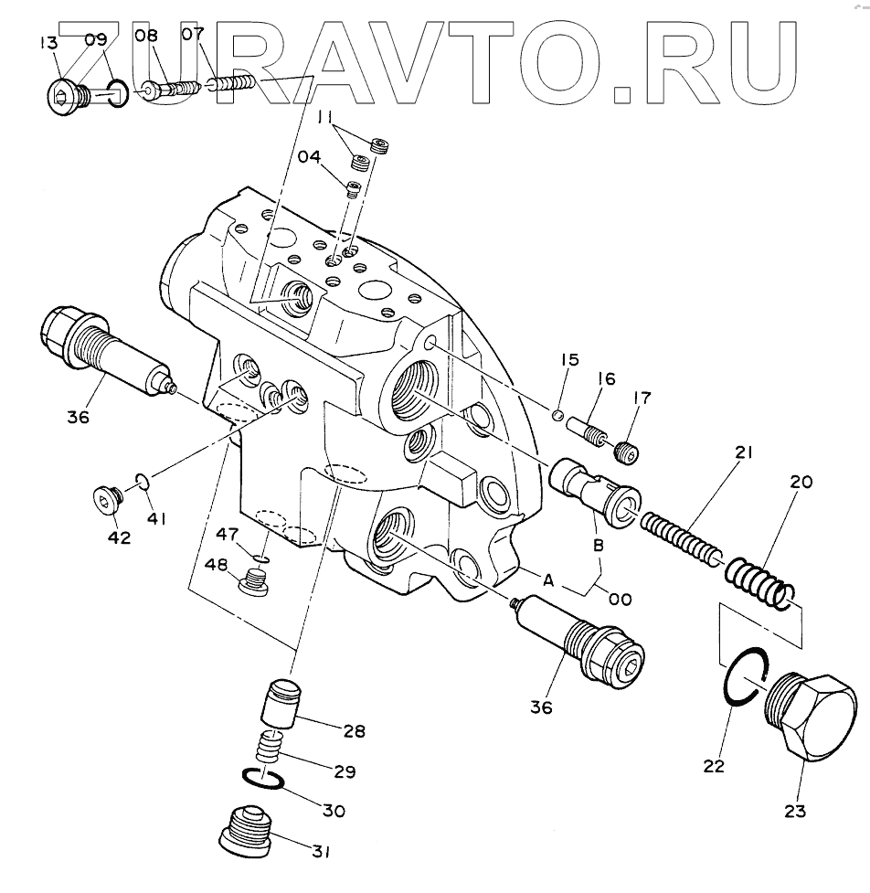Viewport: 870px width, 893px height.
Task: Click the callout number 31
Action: click(318, 853)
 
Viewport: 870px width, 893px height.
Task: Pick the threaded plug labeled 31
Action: click(249, 829)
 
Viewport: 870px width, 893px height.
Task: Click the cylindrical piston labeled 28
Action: click(277, 704)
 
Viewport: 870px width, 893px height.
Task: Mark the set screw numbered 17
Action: click(625, 452)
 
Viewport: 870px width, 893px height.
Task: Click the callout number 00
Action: click(621, 600)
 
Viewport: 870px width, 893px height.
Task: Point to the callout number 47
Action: click(228, 533)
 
